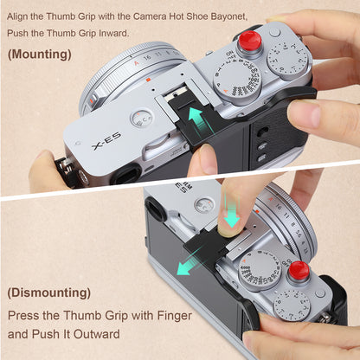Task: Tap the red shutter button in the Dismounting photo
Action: (x=299, y=270)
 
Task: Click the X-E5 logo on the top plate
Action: (x=106, y=141)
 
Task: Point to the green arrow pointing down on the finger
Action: (x=231, y=212)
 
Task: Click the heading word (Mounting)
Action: (x=40, y=55)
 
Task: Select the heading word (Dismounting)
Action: (x=49, y=292)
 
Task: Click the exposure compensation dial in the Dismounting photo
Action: (x=294, y=305)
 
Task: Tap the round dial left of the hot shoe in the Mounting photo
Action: (x=143, y=119)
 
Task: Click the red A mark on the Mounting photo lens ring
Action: (x=137, y=62)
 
